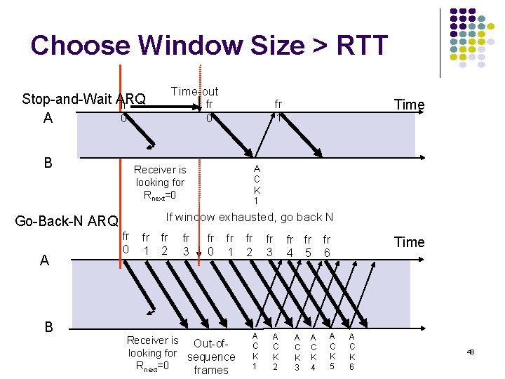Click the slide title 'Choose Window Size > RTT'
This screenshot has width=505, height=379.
tap(209, 46)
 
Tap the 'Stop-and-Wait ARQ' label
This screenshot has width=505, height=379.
tap(83, 98)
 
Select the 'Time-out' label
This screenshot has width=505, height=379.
tap(194, 91)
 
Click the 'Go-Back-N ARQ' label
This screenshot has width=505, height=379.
tap(67, 222)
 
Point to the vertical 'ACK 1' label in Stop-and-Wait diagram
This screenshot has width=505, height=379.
tap(257, 184)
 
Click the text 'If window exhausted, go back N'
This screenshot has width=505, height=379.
tap(249, 217)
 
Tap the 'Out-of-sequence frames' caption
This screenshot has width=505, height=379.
tap(211, 357)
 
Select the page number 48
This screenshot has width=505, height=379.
tap(470, 351)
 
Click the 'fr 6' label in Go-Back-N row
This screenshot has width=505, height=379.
tap(326, 245)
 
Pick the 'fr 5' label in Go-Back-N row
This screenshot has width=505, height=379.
tap(308, 245)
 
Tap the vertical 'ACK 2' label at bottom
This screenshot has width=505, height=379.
tap(276, 352)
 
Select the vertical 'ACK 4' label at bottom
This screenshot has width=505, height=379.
tap(314, 352)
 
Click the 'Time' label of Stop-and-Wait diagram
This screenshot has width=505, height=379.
tap(409, 105)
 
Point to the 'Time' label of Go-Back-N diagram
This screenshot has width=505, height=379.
tap(409, 242)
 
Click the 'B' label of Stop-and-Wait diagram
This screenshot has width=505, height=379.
tap(48, 163)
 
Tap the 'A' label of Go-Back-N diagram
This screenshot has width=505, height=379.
tap(44, 260)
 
